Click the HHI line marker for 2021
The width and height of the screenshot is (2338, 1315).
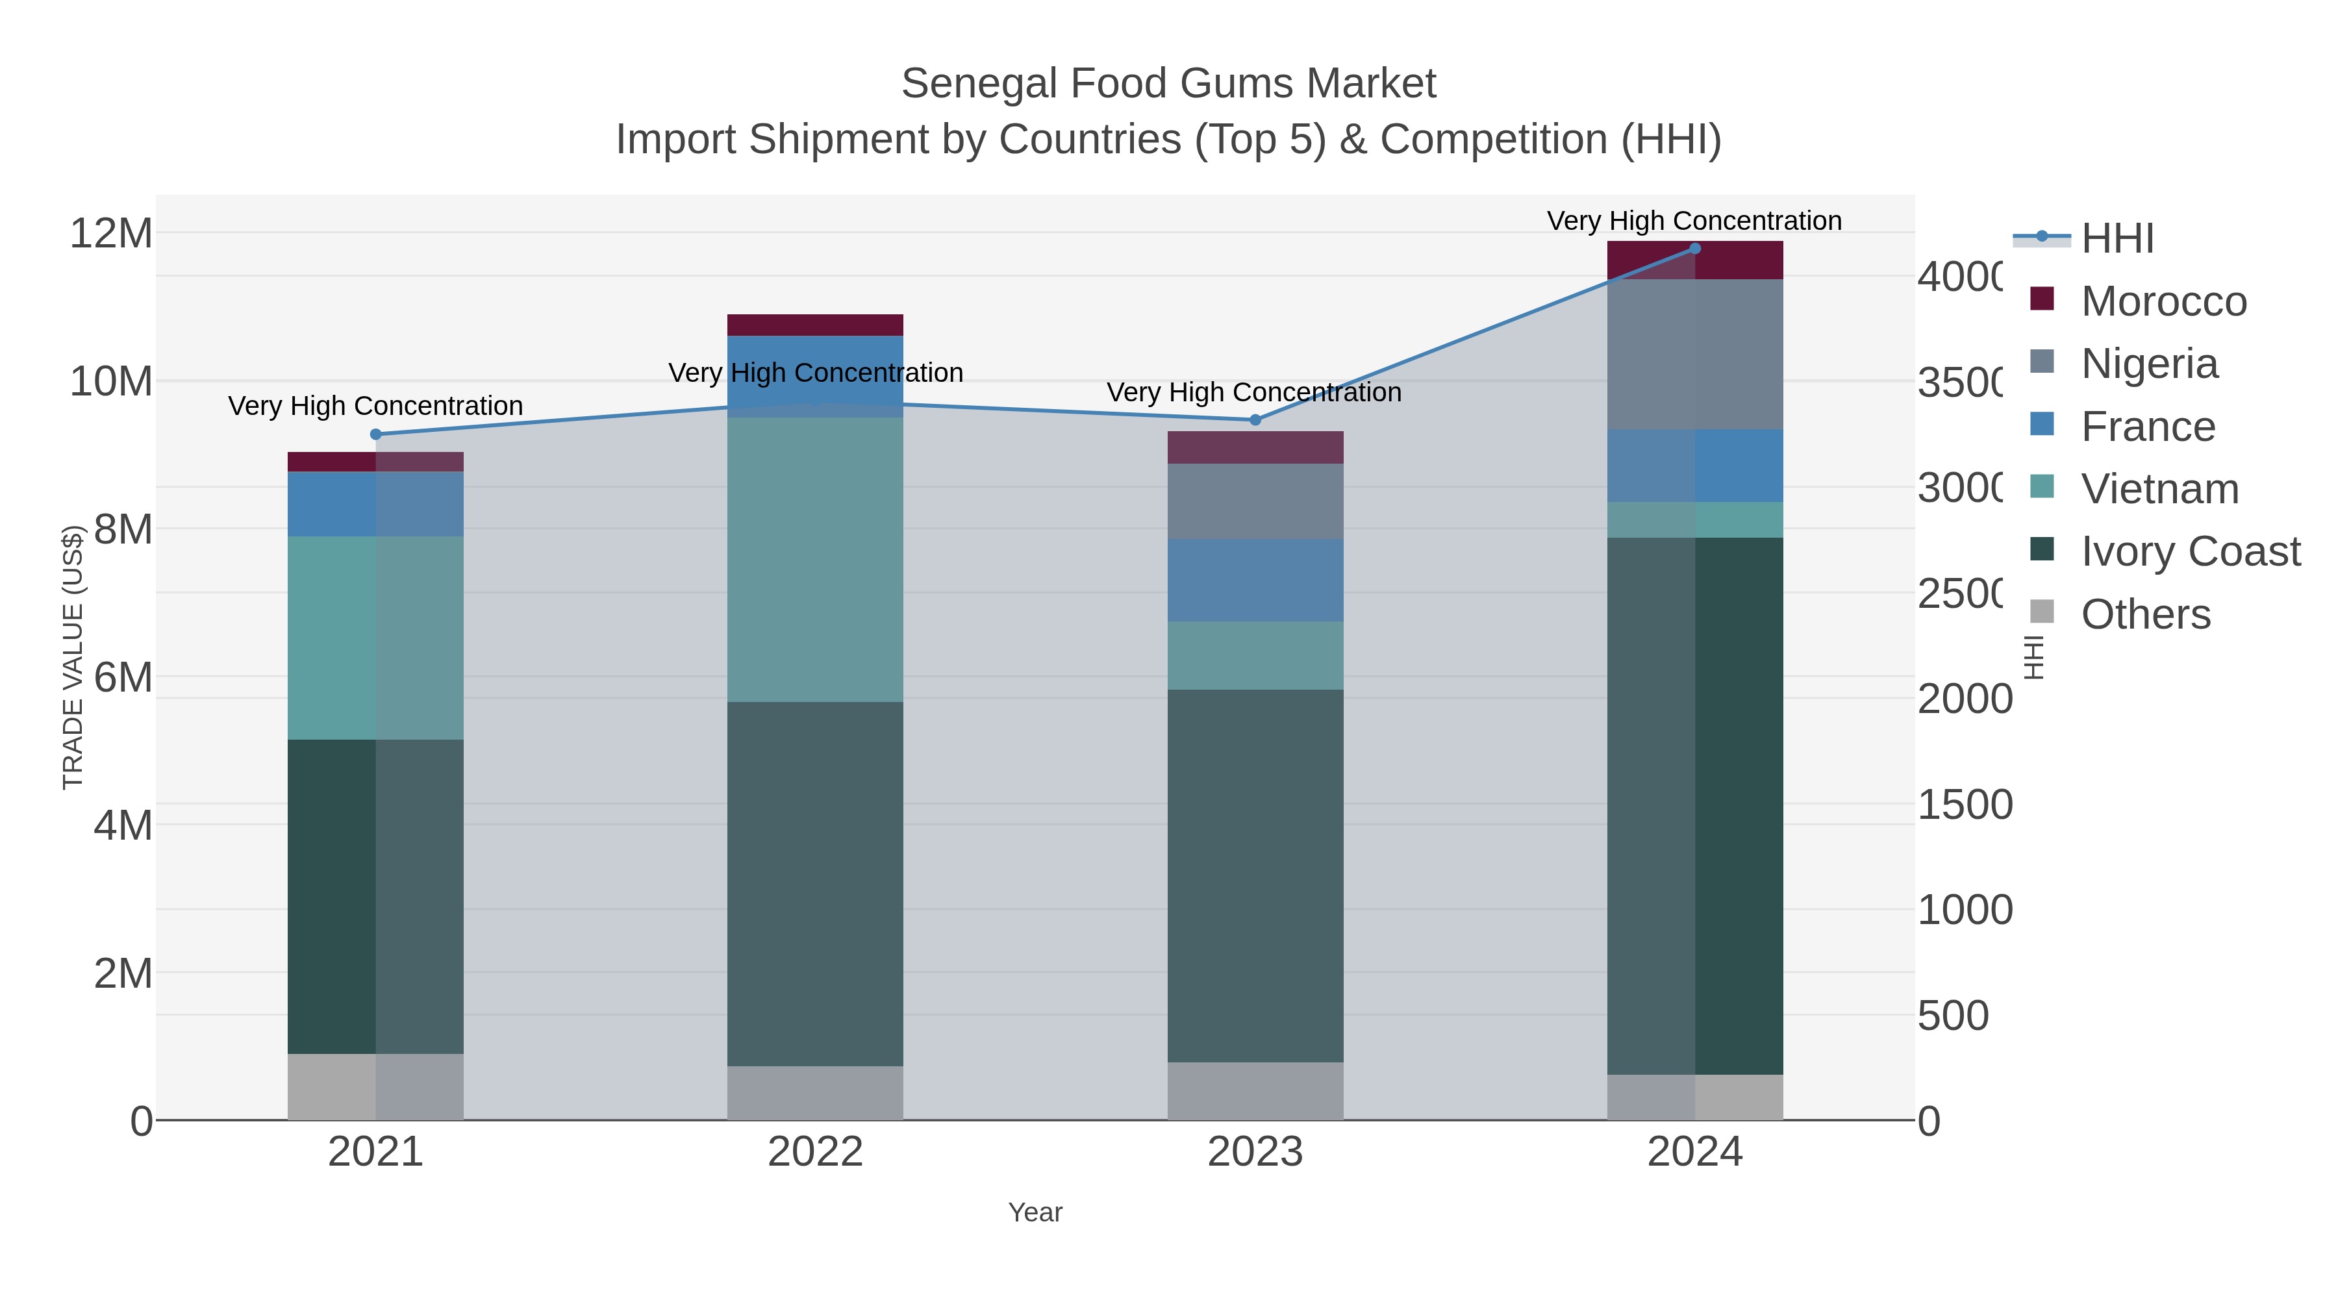(x=376, y=434)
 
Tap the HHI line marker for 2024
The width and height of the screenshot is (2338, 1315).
(x=1694, y=249)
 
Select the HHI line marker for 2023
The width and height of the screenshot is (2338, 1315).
(x=1255, y=420)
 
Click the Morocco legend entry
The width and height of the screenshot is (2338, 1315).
(x=2164, y=301)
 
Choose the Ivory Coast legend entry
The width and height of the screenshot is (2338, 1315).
(x=2190, y=551)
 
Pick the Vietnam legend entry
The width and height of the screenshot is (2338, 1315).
(x=2159, y=489)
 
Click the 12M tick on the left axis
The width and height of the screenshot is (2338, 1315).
(x=110, y=233)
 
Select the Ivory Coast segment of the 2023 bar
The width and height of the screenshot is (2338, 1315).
(x=1255, y=876)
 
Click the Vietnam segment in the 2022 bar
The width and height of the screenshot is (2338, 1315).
(x=815, y=559)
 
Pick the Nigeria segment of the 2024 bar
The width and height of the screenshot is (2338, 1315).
(x=1694, y=354)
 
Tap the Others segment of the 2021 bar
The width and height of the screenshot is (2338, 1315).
(x=376, y=1086)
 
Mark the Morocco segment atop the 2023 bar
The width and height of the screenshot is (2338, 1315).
(x=1255, y=447)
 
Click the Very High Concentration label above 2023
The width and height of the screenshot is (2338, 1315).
(x=1253, y=393)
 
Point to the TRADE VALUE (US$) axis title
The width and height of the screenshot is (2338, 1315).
(x=73, y=657)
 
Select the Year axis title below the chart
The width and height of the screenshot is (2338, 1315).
(x=1035, y=1212)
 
